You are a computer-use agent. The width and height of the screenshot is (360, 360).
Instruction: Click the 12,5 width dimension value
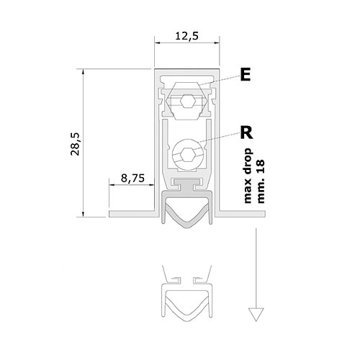[x=187, y=36]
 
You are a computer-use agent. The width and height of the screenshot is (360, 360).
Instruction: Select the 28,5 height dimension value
[x=75, y=144]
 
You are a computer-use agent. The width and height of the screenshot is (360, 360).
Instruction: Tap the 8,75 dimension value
[x=132, y=179]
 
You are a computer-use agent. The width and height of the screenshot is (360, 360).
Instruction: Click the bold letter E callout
[x=246, y=75]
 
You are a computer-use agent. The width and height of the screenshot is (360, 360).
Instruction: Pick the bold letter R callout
[x=247, y=132]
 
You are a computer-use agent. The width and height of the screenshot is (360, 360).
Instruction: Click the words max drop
[x=248, y=176]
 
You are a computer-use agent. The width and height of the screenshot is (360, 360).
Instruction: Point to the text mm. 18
[x=260, y=181]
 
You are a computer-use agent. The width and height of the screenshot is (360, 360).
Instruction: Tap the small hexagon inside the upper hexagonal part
[x=187, y=101]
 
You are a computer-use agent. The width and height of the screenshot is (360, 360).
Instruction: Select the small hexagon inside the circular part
[x=188, y=155]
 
